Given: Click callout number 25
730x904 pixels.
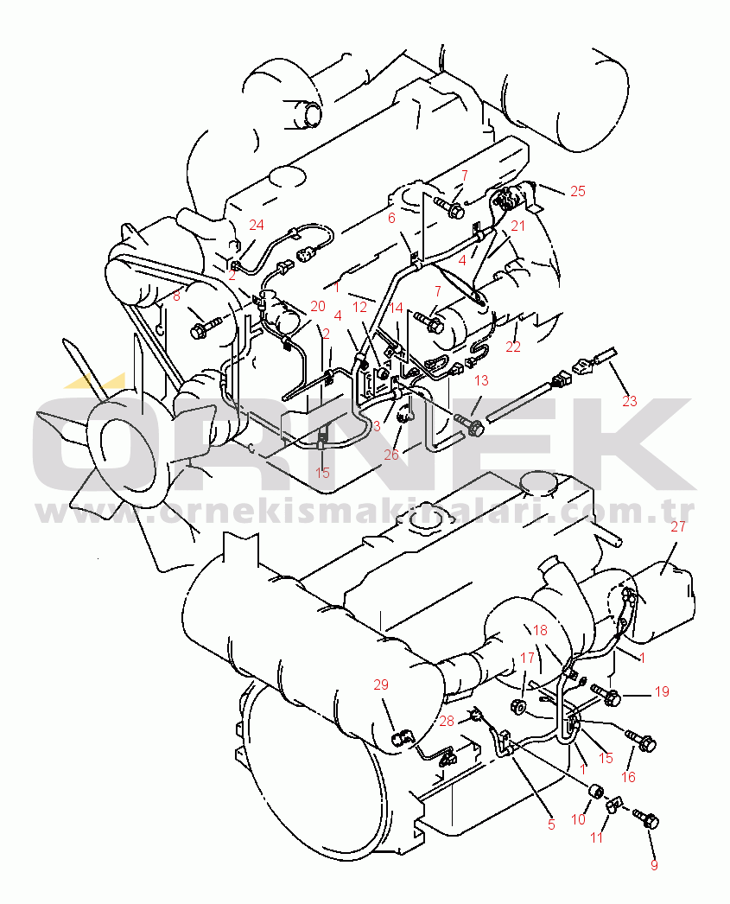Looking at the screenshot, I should click(x=577, y=191).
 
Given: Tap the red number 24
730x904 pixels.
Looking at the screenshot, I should click(x=256, y=225).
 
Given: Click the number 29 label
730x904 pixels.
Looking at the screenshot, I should click(x=381, y=684).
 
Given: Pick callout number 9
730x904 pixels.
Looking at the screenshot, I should click(x=653, y=865).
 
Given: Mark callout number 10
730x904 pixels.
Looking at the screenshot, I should click(x=578, y=818).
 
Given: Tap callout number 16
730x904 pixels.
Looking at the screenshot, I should click(x=628, y=777).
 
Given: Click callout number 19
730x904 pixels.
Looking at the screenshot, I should click(x=662, y=691).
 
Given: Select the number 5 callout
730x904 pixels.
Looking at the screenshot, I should click(x=551, y=824).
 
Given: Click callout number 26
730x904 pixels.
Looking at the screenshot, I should click(x=391, y=454).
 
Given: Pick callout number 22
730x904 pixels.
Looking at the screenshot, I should click(x=513, y=346).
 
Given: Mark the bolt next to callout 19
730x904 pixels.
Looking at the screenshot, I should click(x=606, y=691).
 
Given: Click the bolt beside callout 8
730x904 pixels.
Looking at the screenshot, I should click(x=204, y=328).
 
